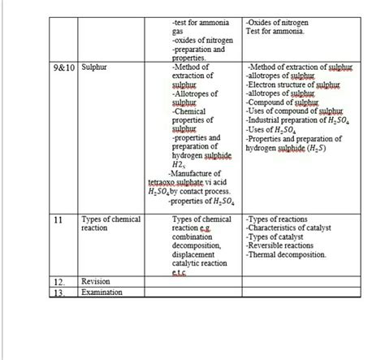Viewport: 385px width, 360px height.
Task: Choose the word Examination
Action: (x=102, y=292)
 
